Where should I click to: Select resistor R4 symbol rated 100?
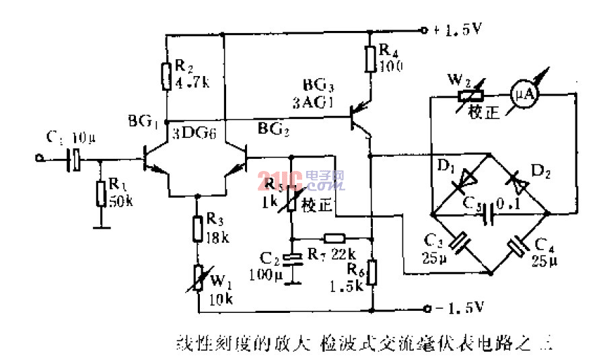click(370, 58)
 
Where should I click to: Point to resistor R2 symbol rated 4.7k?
click(166, 75)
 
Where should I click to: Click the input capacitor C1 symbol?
click(76, 159)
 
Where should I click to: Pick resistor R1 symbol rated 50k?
click(100, 194)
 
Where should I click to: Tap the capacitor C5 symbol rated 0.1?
click(490, 213)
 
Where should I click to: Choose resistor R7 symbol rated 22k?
click(334, 238)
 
